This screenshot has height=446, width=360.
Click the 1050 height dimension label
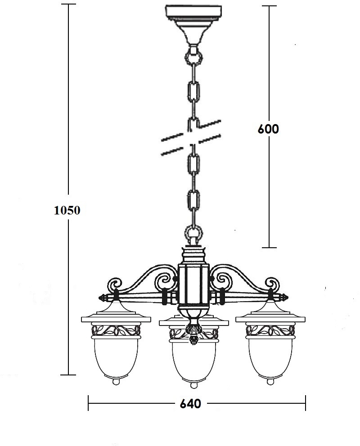67,210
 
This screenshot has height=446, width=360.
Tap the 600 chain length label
268,129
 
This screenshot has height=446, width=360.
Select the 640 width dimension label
190,404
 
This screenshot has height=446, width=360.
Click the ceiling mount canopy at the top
194,24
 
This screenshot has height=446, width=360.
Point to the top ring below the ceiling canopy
194,57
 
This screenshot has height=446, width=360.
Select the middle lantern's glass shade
194,361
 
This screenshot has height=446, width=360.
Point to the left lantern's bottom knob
116,381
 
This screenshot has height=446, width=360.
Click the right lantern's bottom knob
270,381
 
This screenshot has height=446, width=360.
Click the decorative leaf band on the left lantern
116,330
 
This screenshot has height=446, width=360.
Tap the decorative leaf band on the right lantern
270,330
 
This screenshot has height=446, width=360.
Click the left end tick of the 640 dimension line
88,403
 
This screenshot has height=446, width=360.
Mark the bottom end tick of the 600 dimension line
269,247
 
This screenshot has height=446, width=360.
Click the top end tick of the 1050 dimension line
68,4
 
